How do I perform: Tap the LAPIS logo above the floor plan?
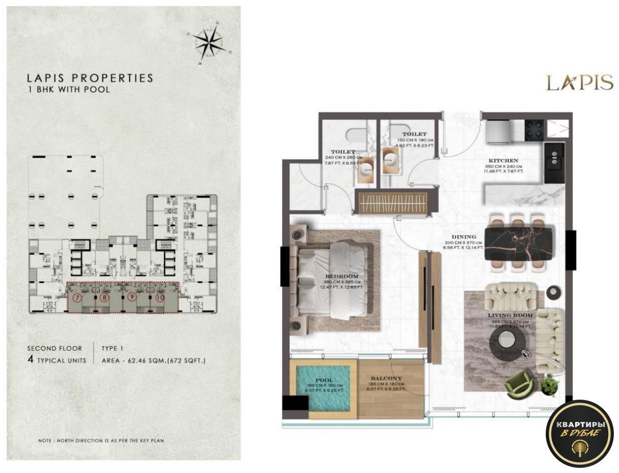coord(579,83)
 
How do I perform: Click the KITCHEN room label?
coord(504,161)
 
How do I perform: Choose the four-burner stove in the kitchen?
coord(535,129)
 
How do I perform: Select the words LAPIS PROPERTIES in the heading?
coord(90,78)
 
